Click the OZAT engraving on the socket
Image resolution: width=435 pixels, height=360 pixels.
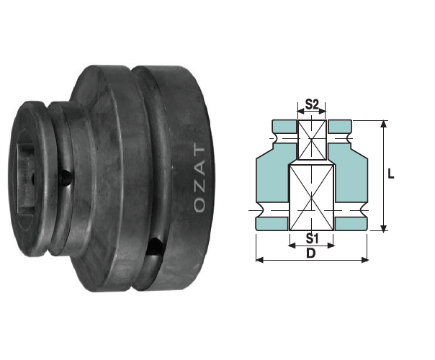pyautogui.click(x=200, y=178)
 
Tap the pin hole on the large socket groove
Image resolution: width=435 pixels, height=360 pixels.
pyautogui.click(x=155, y=247)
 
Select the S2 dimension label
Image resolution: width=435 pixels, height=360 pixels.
pyautogui.click(x=311, y=104)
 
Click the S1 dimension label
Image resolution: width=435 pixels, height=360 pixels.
pyautogui.click(x=311, y=238)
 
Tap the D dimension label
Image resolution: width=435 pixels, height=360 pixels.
pyautogui.click(x=311, y=253)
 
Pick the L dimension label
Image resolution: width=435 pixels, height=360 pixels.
pyautogui.click(x=390, y=174)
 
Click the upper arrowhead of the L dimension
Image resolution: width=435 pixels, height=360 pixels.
pyautogui.click(x=383, y=124)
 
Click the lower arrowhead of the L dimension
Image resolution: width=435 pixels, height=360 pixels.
pyautogui.click(x=383, y=227)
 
